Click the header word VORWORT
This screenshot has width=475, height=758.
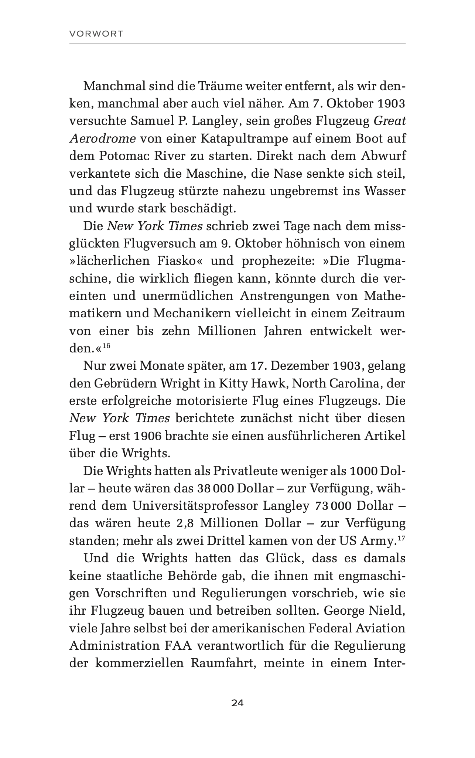pos(96,34)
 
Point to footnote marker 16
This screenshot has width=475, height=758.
pos(106,346)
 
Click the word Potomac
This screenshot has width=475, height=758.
pos(124,156)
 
